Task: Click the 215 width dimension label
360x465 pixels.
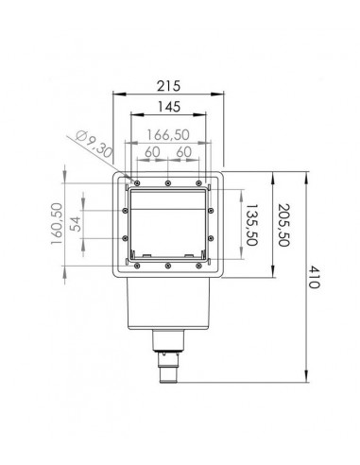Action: tap(168, 85)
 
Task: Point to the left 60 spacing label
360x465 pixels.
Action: tap(151, 152)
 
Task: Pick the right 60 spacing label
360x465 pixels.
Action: tap(184, 152)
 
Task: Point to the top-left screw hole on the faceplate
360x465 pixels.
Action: tap(138, 181)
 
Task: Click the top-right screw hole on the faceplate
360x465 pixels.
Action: tap(198, 181)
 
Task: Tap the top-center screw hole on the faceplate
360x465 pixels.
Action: tap(168, 181)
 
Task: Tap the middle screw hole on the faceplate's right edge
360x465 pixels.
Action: tap(211, 225)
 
